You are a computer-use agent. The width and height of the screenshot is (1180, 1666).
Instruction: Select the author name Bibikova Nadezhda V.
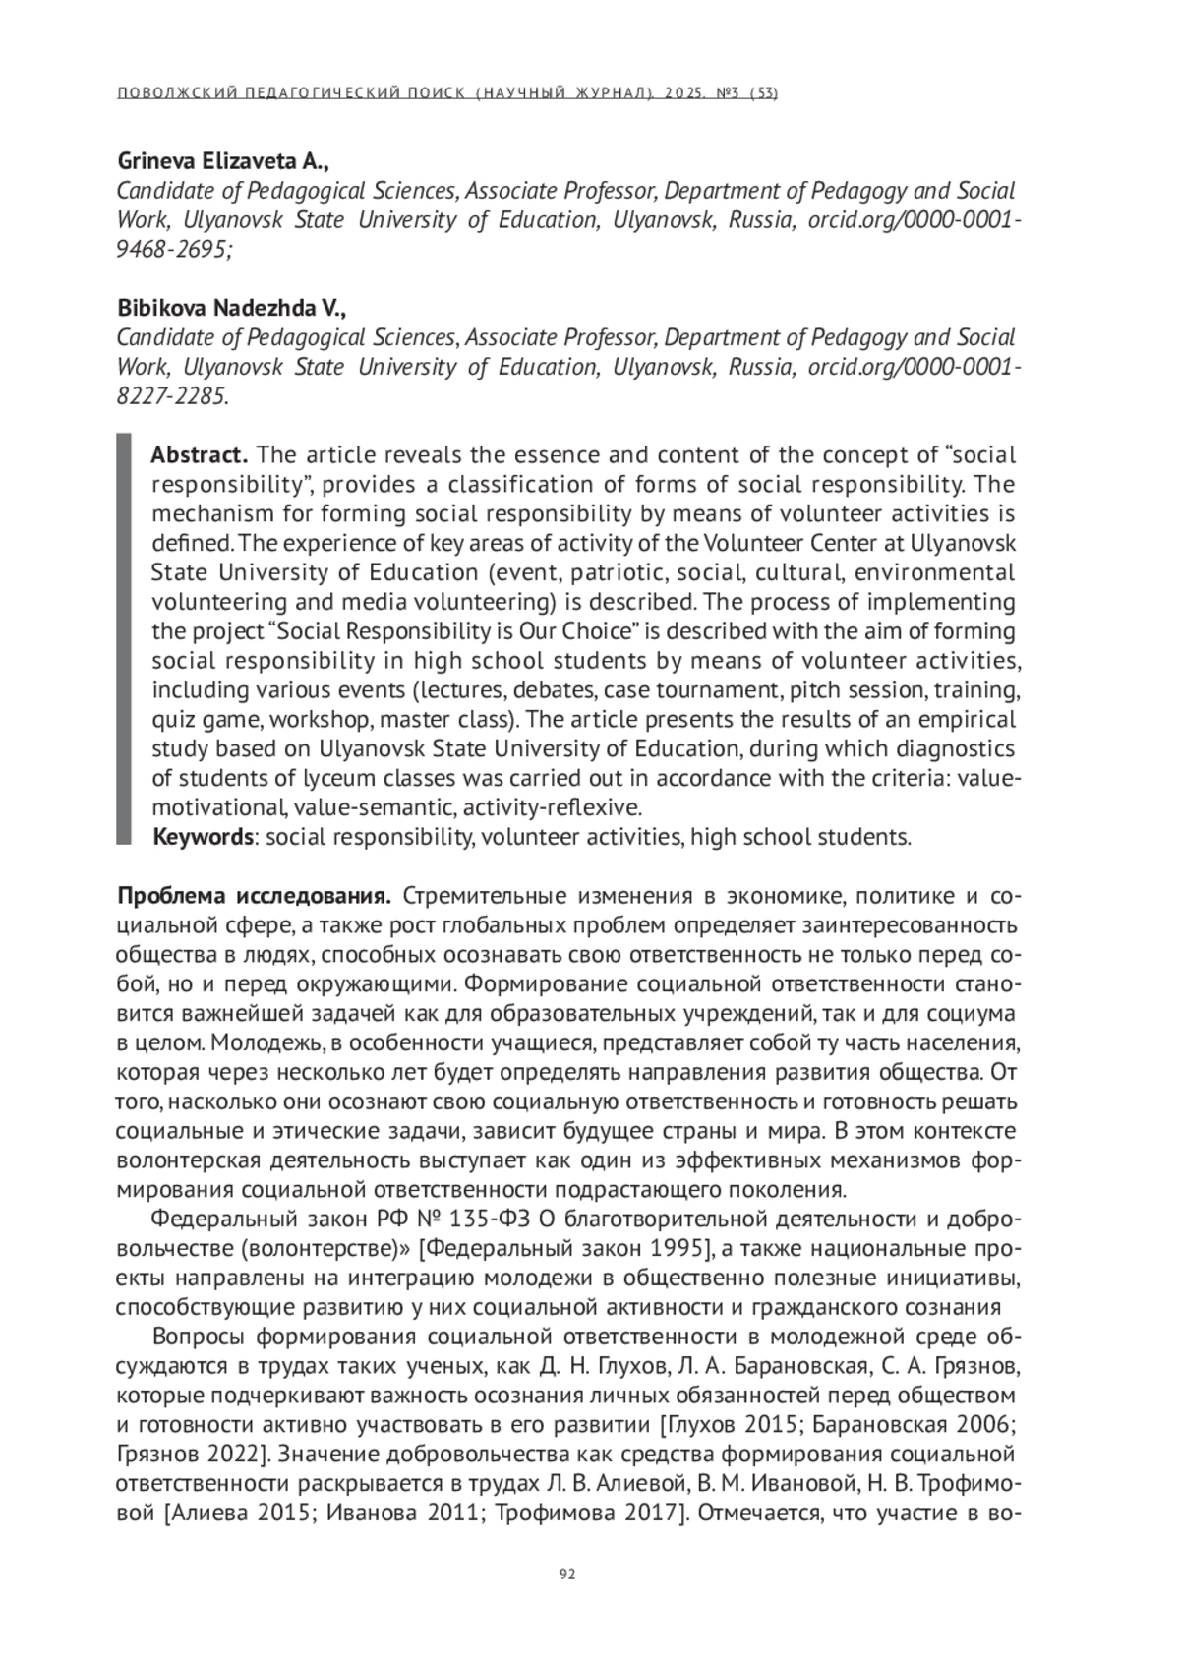pyautogui.click(x=232, y=308)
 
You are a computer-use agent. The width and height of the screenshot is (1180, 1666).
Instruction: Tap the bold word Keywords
pyautogui.click(x=204, y=837)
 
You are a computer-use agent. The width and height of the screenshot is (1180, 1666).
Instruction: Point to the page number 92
pyautogui.click(x=566, y=1574)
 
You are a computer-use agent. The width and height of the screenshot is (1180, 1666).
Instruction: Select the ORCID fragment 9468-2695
pyautogui.click(x=173, y=250)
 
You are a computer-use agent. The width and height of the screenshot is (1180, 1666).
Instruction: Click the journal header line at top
pyautogui.click(x=447, y=94)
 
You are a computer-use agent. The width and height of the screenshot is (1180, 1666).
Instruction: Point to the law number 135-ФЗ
pyautogui.click(x=491, y=1220)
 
